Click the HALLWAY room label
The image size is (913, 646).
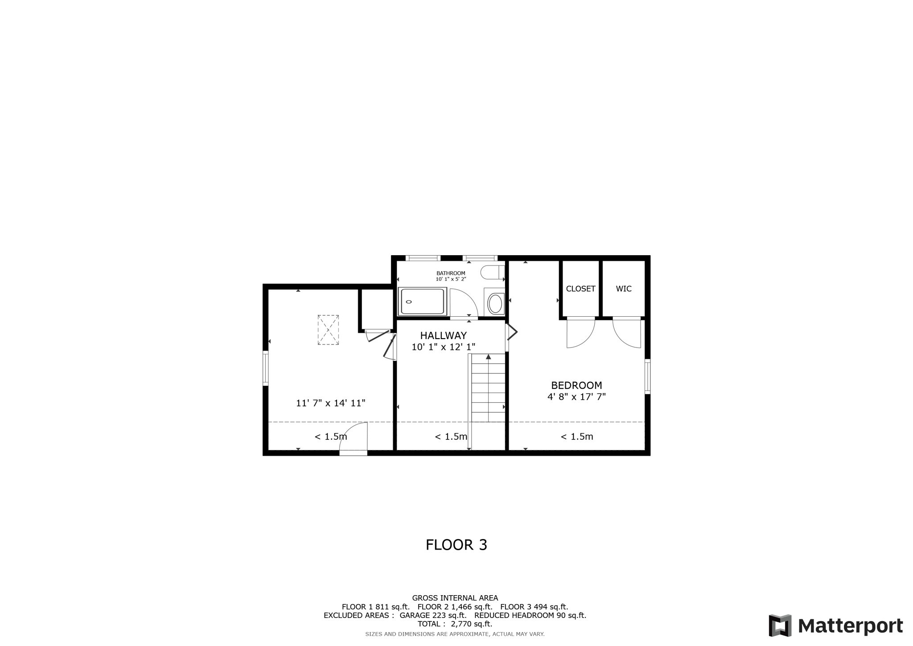443,335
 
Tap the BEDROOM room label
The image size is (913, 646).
576,385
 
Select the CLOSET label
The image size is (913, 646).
580,289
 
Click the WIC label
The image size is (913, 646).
623,289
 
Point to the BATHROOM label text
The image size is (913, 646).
451,273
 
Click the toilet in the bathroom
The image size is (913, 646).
492,273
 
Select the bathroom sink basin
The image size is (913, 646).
495,304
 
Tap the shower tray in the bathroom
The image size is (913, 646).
422,302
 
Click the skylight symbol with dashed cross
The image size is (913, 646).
328,330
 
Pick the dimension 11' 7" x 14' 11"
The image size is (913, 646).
330,403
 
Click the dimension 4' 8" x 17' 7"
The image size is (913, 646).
576,397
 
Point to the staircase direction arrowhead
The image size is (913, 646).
489,356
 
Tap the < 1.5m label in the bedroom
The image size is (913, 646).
576,437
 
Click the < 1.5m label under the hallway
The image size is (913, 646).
451,437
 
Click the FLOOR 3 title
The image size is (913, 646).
456,545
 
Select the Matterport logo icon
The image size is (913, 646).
780,625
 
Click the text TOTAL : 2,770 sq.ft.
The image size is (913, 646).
455,624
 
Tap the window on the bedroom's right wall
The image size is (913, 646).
647,377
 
